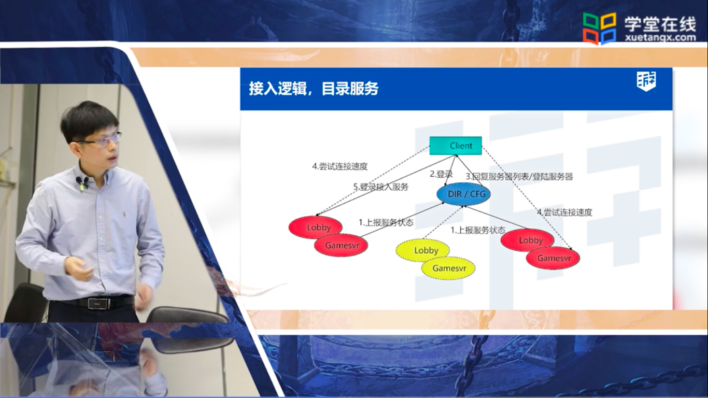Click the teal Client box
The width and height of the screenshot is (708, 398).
click(x=456, y=146)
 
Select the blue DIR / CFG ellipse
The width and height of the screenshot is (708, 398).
click(x=463, y=194)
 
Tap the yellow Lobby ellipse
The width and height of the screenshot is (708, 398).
click(x=422, y=250)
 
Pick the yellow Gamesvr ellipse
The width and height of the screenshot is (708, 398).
click(x=448, y=268)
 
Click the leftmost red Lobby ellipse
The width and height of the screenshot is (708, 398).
click(x=316, y=227)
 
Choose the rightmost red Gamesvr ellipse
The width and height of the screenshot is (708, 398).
click(x=553, y=258)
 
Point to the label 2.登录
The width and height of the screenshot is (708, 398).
click(x=441, y=174)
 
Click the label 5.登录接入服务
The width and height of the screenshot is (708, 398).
click(x=381, y=187)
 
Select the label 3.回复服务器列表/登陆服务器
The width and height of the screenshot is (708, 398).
click(x=519, y=176)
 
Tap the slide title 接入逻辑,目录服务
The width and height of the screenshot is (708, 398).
click(x=314, y=89)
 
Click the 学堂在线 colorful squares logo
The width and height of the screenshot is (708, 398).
click(x=600, y=28)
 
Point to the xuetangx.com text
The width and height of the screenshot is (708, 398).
click(x=660, y=38)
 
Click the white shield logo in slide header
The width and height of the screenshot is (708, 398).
click(x=646, y=81)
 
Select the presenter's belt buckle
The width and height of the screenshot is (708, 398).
click(x=98, y=304)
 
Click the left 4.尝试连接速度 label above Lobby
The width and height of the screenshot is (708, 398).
click(x=340, y=166)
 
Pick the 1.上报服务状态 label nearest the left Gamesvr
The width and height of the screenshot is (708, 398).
click(x=386, y=222)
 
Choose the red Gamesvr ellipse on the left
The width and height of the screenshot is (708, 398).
click(x=341, y=245)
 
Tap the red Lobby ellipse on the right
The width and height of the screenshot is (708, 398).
click(x=528, y=240)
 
